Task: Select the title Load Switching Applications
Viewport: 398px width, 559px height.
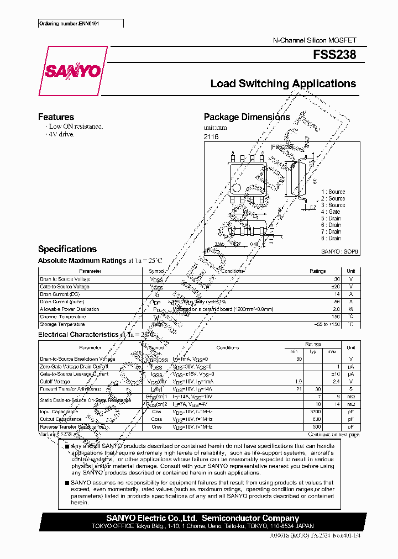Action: point(283,84)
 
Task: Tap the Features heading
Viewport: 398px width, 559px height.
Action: point(56,117)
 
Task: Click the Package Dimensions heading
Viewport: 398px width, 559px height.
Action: point(247,117)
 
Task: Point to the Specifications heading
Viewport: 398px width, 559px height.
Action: point(67,249)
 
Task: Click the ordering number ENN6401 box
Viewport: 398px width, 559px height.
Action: point(80,24)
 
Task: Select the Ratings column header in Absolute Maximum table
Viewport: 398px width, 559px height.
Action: point(317,271)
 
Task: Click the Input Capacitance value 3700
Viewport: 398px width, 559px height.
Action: point(316,412)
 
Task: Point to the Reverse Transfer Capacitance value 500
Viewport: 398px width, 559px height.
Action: point(316,427)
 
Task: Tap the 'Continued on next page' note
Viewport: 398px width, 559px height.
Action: point(334,435)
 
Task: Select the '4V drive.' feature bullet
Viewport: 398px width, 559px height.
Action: point(61,134)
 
